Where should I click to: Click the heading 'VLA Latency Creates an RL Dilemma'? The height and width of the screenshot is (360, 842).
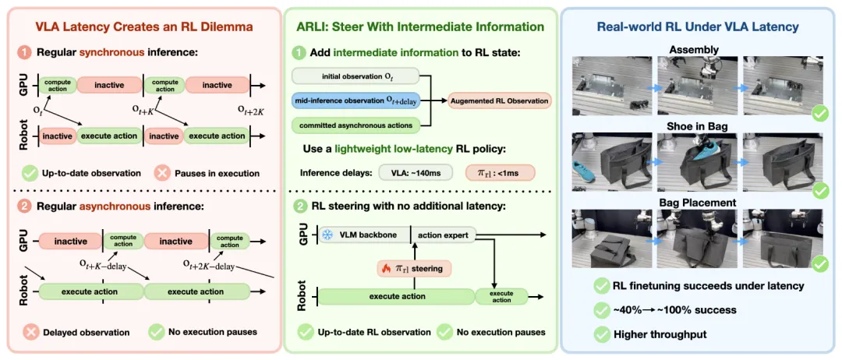pyautogui.click(x=144, y=26)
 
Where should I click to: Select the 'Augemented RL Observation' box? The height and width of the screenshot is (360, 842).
pyautogui.click(x=500, y=101)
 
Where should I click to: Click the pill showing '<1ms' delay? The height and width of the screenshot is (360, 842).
pyautogui.click(x=500, y=173)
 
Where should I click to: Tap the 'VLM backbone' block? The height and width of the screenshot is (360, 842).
pyautogui.click(x=363, y=235)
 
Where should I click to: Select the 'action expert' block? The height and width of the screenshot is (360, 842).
pyautogui.click(x=444, y=235)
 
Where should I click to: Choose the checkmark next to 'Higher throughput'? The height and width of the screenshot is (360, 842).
pyautogui.click(x=601, y=334)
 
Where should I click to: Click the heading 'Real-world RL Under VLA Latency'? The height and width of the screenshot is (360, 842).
pyautogui.click(x=702, y=26)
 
